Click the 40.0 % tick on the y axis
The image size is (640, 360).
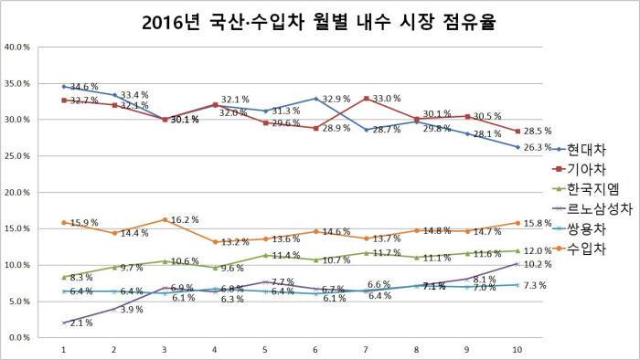(x=20, y=47)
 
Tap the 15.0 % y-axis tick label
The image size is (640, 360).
(x=20, y=228)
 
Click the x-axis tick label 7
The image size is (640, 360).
(x=365, y=349)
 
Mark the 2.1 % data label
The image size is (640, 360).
(x=80, y=323)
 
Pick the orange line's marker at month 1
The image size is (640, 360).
(x=63, y=222)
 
